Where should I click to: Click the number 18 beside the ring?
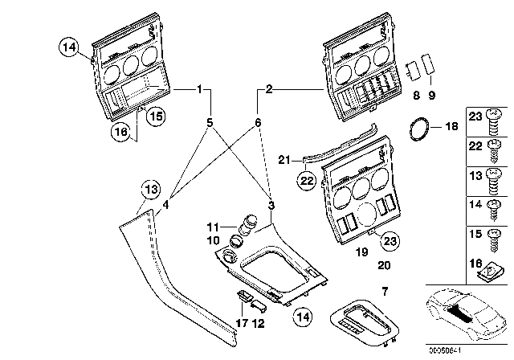451,127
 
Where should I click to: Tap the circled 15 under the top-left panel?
154,116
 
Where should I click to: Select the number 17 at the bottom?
239,325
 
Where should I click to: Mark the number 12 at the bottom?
257,325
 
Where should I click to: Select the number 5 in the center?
210,124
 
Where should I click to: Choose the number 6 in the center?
258,123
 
